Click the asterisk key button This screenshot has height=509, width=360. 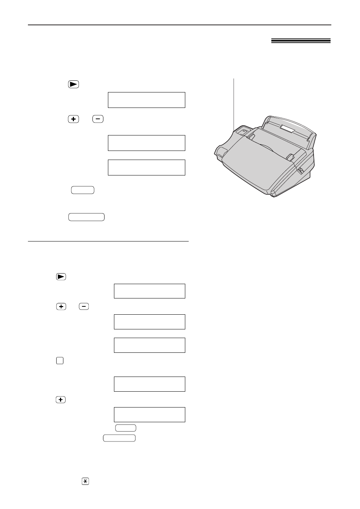pyautogui.click(x=85, y=481)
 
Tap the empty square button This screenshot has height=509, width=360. pyautogui.click(x=60, y=361)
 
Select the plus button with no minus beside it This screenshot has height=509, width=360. pyautogui.click(x=60, y=400)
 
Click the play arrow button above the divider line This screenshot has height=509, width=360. pyautogui.click(x=74, y=85)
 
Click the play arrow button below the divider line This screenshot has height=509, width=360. pyautogui.click(x=61, y=277)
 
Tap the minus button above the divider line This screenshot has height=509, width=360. pyautogui.click(x=97, y=119)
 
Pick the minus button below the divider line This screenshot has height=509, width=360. pyautogui.click(x=84, y=307)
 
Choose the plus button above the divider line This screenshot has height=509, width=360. pyautogui.click(x=74, y=119)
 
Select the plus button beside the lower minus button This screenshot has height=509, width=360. pyautogui.click(x=61, y=307)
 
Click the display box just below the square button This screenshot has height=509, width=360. pyautogui.click(x=149, y=384)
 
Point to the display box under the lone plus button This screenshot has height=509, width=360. pyautogui.click(x=149, y=414)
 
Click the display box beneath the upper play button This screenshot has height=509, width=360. pyautogui.click(x=146, y=100)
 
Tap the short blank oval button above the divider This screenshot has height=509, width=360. pyautogui.click(x=82, y=190)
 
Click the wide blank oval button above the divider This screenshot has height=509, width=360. pyautogui.click(x=86, y=217)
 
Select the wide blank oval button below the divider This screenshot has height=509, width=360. pyautogui.click(x=119, y=438)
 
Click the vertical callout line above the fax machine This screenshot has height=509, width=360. pyautogui.click(x=234, y=102)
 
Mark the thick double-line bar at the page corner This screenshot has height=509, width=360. pyautogui.click(x=301, y=41)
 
